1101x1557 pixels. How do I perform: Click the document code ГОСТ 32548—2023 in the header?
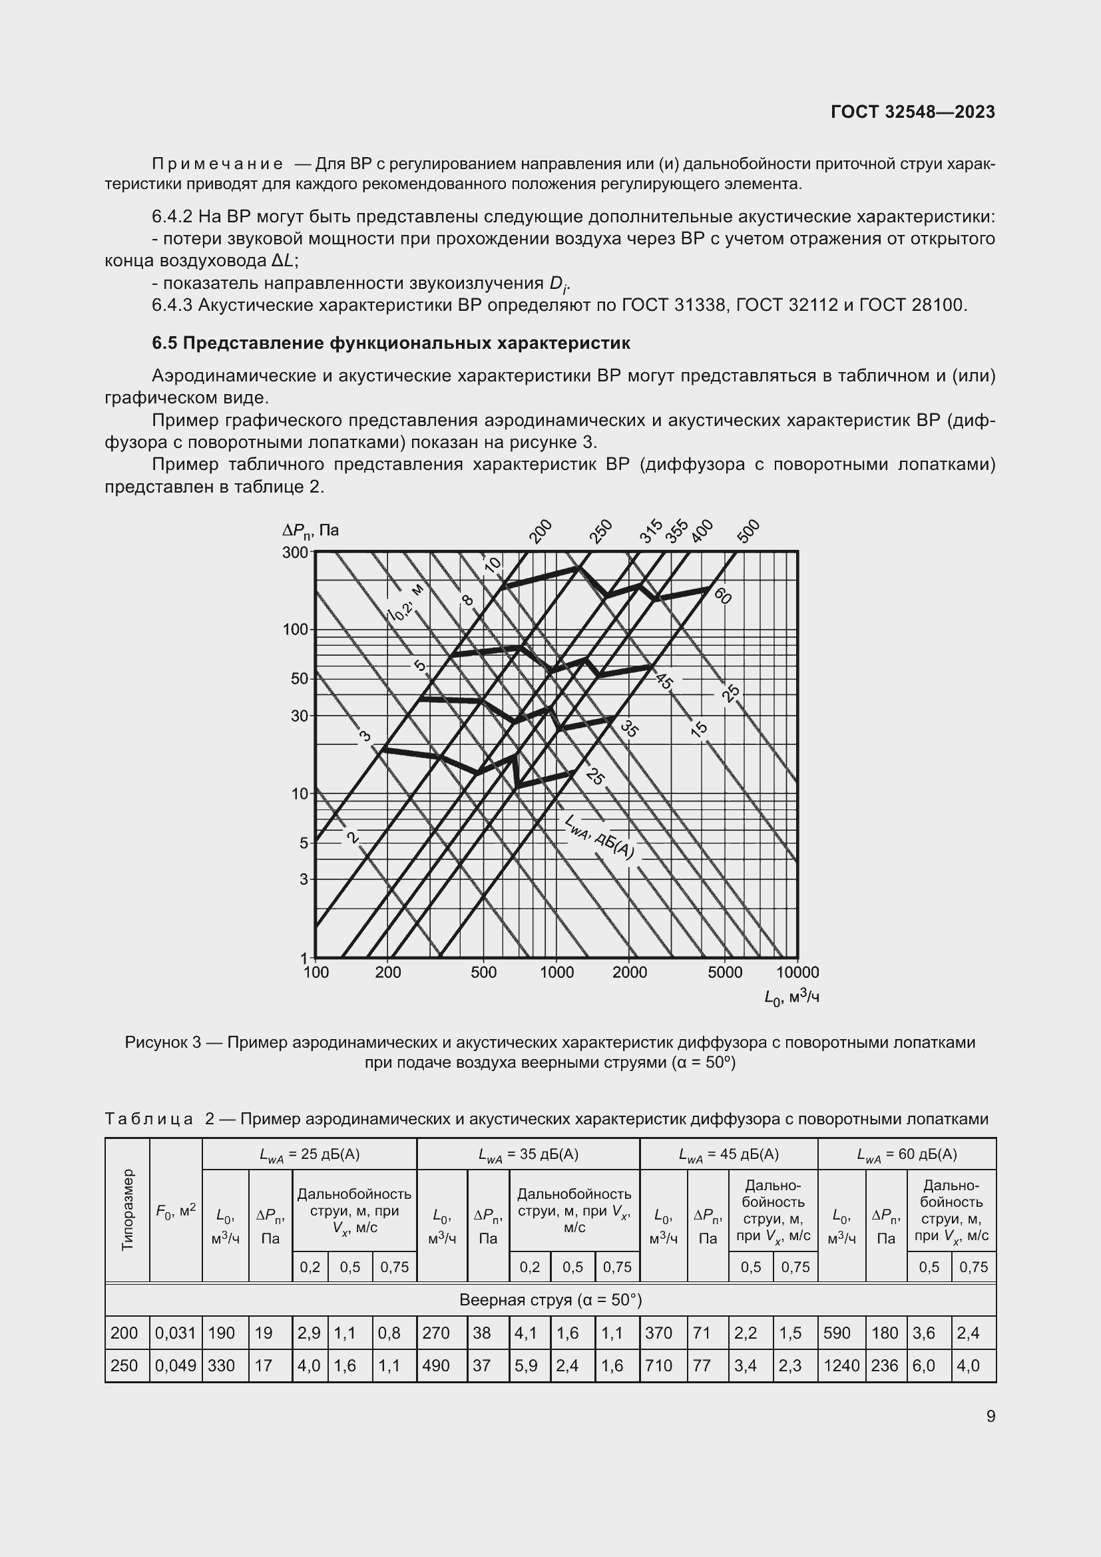[x=913, y=112]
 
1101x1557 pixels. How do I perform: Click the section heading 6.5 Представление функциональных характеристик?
[x=391, y=343]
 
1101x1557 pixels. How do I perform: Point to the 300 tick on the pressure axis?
[x=296, y=553]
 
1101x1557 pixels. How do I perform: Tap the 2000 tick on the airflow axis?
[x=629, y=973]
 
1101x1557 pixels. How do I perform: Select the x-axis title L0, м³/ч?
[x=791, y=997]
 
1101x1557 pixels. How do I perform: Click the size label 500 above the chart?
[x=748, y=531]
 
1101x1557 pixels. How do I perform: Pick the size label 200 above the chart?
[x=541, y=531]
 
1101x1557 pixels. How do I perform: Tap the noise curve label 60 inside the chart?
[x=723, y=595]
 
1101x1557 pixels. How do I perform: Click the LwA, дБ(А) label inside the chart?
[x=598, y=838]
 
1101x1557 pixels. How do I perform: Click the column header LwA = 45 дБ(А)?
[x=728, y=1154]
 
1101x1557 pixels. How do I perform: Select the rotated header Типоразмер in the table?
[x=127, y=1210]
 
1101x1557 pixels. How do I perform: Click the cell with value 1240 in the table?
[x=841, y=1366]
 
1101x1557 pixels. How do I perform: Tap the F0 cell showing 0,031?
[x=175, y=1333]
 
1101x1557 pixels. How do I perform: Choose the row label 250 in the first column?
[x=124, y=1366]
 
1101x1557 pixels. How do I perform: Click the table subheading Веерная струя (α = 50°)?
[x=550, y=1300]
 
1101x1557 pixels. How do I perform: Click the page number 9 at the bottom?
[x=991, y=1417]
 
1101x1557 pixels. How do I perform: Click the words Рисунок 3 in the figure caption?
[x=162, y=1042]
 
